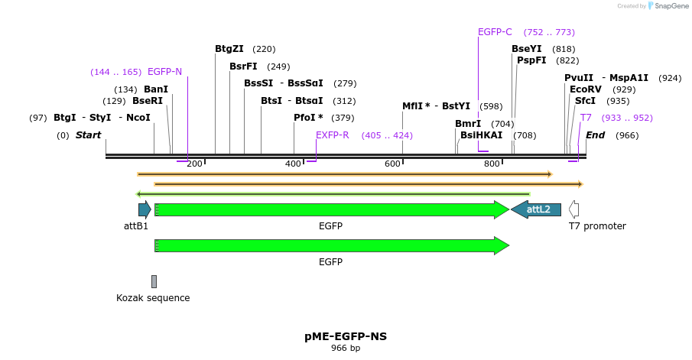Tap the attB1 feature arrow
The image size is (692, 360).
(144, 209)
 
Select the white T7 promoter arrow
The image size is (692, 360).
(574, 209)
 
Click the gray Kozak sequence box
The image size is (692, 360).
(154, 281)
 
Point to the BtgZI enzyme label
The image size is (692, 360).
(229, 49)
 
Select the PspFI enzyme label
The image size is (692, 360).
(531, 60)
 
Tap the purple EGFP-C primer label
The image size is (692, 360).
(495, 32)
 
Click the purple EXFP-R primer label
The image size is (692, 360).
(332, 135)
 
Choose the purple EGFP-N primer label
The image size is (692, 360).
(164, 72)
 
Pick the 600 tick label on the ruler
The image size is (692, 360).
(392, 164)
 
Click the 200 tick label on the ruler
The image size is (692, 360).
(194, 164)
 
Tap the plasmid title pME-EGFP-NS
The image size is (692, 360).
(346, 336)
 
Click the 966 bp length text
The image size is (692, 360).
(346, 349)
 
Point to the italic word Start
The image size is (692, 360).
(88, 135)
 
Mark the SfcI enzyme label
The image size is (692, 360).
(585, 101)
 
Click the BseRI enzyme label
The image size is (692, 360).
(148, 101)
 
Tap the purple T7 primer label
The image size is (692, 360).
(586, 118)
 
